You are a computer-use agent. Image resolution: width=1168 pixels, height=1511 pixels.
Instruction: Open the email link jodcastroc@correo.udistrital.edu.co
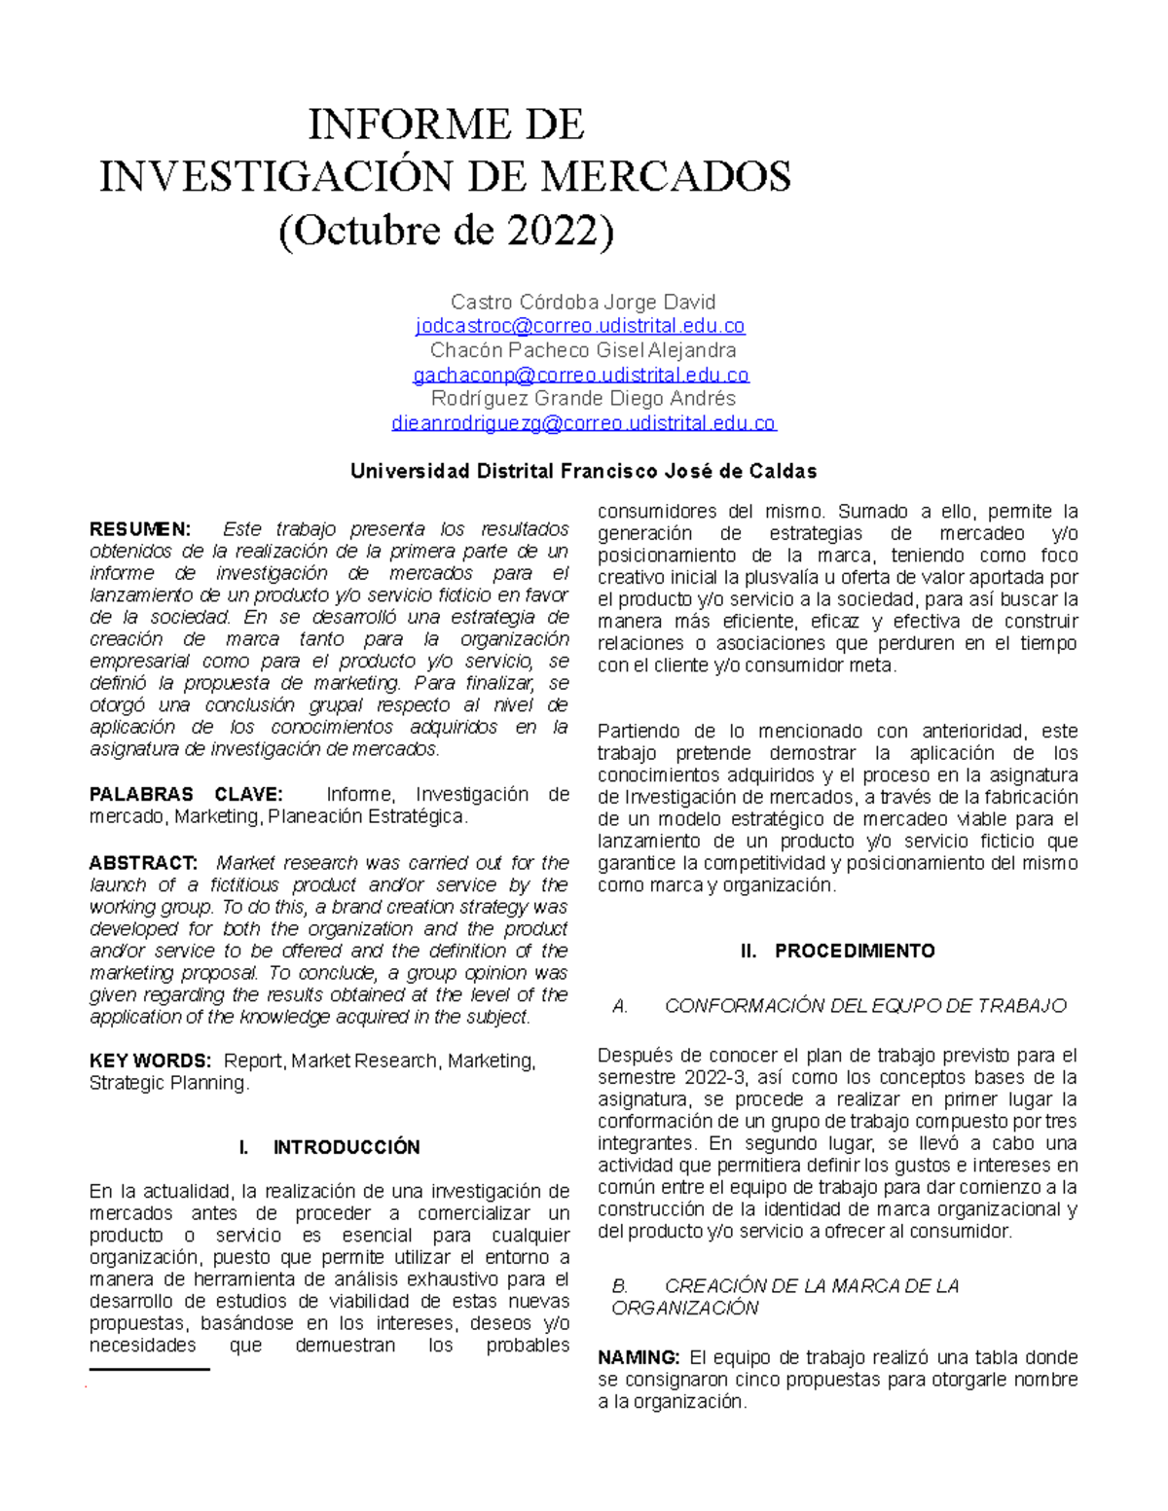[x=580, y=326]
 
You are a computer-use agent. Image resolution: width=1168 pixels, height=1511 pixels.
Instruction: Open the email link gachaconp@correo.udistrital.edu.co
[x=581, y=375]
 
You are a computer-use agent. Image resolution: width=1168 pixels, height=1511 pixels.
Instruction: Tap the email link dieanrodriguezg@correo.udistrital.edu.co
[x=583, y=423]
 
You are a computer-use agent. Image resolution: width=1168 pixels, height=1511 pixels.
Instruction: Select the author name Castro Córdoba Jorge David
[x=582, y=302]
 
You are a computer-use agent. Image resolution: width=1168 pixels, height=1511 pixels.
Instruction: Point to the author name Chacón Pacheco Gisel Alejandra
[x=582, y=350]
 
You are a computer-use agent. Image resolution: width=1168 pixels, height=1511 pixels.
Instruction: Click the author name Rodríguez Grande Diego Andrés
[x=582, y=399]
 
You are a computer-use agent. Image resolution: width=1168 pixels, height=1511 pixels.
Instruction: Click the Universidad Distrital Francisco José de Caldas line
[x=583, y=472]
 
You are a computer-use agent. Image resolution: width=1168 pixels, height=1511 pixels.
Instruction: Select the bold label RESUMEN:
[x=140, y=529]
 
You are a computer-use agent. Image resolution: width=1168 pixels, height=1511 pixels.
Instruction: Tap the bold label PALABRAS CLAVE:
[x=186, y=794]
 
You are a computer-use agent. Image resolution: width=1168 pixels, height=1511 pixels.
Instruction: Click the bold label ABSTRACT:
[x=143, y=863]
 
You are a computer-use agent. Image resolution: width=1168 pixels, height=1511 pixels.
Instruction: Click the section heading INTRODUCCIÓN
[x=347, y=1147]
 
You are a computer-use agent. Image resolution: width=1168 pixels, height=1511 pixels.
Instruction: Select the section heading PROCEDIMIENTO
[x=855, y=951]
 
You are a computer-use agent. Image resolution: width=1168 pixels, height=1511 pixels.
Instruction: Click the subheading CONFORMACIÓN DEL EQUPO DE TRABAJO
[x=865, y=1006]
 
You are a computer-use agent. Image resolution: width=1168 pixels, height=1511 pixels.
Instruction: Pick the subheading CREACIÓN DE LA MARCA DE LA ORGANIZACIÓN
[x=785, y=1297]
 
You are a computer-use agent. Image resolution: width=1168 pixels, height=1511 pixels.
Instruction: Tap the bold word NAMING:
[x=639, y=1357]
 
